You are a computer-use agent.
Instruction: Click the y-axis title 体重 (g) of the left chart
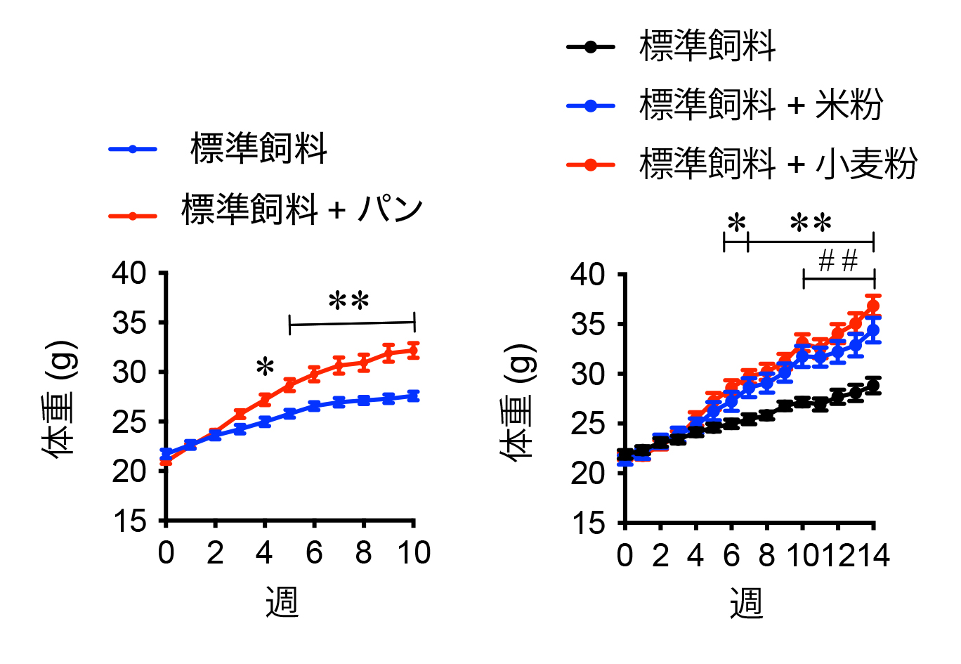[x=59, y=398]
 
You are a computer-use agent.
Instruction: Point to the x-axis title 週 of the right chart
[x=746, y=603]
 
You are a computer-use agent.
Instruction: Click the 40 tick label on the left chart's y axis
[x=129, y=273]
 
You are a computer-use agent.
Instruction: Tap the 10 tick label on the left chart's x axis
[x=414, y=553]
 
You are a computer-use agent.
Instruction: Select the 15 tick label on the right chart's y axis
[x=588, y=523]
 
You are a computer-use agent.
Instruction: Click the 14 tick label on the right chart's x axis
[x=873, y=555]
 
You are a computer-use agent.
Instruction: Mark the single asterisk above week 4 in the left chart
[x=265, y=367]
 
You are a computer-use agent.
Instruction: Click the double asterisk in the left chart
[x=349, y=302]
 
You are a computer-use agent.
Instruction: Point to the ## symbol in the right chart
[x=838, y=261]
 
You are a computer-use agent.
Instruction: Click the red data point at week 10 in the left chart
[x=413, y=350]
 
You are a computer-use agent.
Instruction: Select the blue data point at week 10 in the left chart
[x=413, y=396]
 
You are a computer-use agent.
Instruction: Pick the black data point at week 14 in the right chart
[x=873, y=386]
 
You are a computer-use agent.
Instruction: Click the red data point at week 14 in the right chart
[x=873, y=306]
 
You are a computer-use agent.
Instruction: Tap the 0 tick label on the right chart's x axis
[x=625, y=555]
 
